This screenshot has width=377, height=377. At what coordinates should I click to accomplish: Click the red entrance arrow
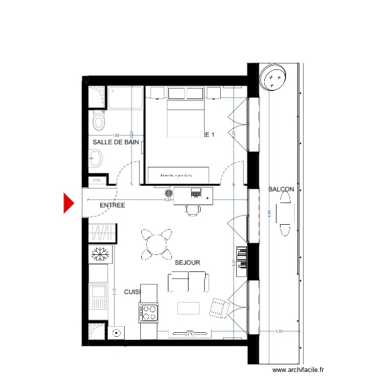click(69, 203)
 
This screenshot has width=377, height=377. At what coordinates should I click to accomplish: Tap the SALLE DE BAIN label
click(116, 142)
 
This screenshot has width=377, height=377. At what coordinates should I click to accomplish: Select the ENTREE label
click(112, 205)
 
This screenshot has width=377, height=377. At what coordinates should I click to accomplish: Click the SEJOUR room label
click(187, 262)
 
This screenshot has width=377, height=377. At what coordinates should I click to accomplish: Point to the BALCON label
click(281, 190)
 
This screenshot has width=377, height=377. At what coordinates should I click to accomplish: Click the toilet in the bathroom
click(98, 121)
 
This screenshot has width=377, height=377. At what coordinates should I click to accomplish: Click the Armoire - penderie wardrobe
click(176, 174)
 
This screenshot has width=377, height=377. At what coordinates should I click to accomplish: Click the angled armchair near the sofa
click(218, 307)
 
